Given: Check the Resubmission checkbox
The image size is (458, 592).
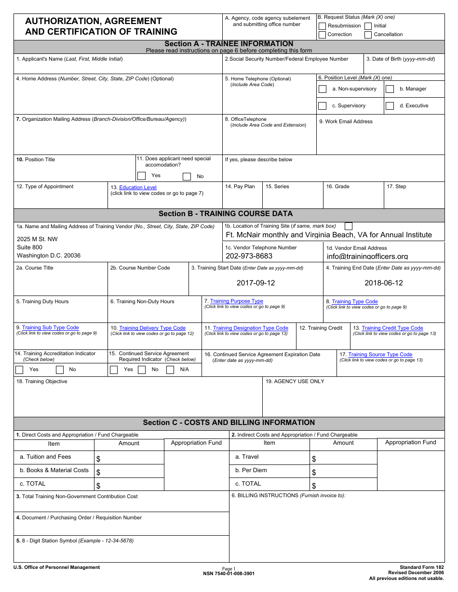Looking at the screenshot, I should pyautogui.click(x=322, y=26).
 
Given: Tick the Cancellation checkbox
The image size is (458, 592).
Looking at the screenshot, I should pyautogui.click(x=368, y=35).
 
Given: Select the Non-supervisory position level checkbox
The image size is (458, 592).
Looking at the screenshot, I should pyautogui.click(x=323, y=89).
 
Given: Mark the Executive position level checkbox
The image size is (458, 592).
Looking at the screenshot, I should pyautogui.click(x=390, y=106).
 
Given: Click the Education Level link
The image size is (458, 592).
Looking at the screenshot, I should pyautogui.click(x=138, y=188).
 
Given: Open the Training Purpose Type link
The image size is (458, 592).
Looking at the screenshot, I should pyautogui.click(x=237, y=301).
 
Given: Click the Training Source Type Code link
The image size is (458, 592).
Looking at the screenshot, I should pyautogui.click(x=380, y=355).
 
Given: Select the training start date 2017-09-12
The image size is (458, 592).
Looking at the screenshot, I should pyautogui.click(x=256, y=283).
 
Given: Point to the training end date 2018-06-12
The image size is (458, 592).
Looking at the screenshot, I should pyautogui.click(x=383, y=283).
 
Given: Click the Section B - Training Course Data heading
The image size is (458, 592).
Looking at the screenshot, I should pyautogui.click(x=226, y=214).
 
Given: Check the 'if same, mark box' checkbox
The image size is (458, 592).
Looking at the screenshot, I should pyautogui.click(x=349, y=226).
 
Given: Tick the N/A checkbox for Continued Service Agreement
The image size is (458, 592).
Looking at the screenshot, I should pyautogui.click(x=170, y=370).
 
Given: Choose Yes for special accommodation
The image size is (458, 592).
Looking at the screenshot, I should pyautogui.click(x=141, y=176).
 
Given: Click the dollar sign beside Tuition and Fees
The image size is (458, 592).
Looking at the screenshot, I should pyautogui.click(x=98, y=459).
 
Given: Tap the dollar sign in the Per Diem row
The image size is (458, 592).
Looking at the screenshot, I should pyautogui.click(x=314, y=473).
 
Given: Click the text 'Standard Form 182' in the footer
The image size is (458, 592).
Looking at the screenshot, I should pyautogui.click(x=421, y=567).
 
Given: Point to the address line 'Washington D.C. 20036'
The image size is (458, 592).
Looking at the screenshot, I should pyautogui.click(x=49, y=256).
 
